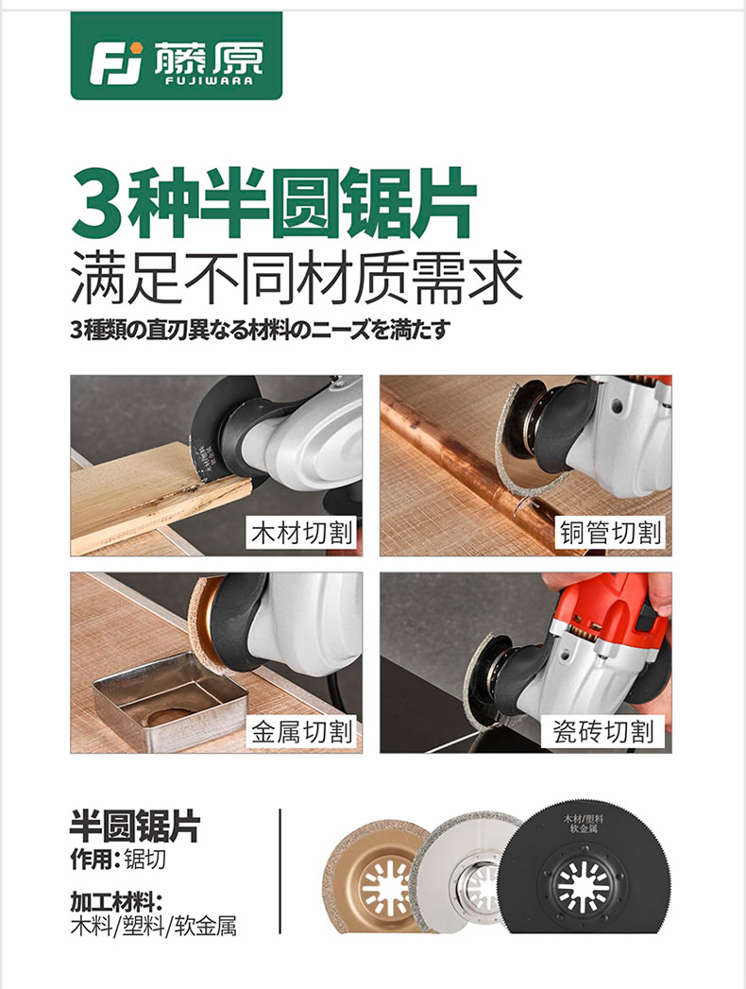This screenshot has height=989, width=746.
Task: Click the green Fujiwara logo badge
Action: click(x=177, y=56)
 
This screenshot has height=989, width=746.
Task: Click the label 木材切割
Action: click(x=302, y=533)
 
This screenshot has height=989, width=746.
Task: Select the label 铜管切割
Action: click(x=610, y=533)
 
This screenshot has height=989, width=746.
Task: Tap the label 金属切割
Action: click(x=302, y=732)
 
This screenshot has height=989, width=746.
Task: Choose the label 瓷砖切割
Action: click(x=603, y=732)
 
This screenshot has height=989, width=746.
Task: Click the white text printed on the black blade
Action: click(x=583, y=823)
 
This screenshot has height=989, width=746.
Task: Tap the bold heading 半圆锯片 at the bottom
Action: click(x=134, y=826)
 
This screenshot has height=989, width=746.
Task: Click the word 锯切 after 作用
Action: click(x=145, y=859)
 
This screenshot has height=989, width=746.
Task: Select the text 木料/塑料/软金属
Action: click(x=153, y=926)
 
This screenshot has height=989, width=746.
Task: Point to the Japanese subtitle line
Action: click(x=261, y=330)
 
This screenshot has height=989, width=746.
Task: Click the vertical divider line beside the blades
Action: click(x=280, y=871)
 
